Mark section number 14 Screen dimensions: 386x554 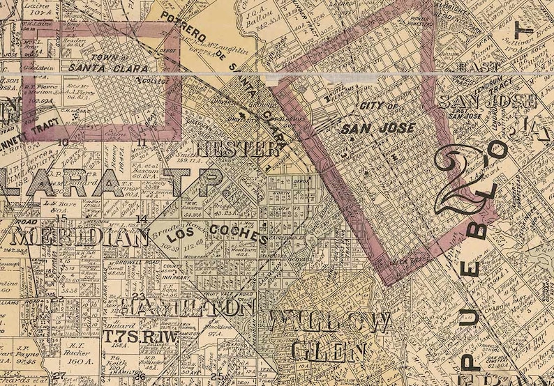click(x=142, y=219)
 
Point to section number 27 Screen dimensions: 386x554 click(x=60, y=375)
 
